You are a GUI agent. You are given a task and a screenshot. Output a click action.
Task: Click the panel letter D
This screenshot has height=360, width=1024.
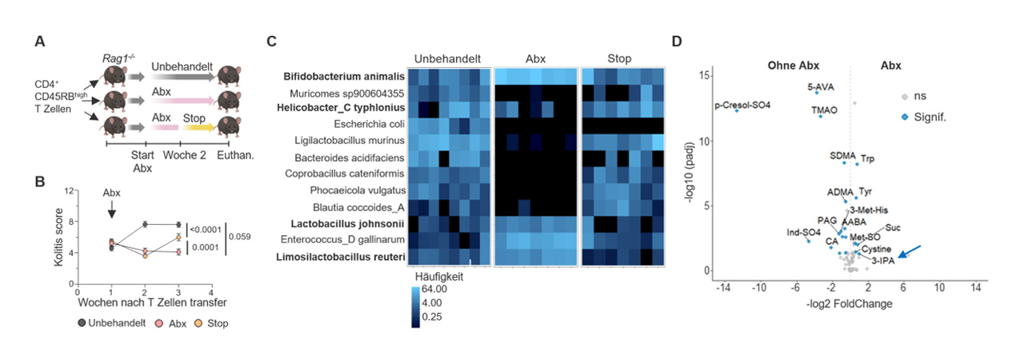point(677,42)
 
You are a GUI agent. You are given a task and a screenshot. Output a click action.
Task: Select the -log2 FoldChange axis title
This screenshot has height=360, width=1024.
point(848,304)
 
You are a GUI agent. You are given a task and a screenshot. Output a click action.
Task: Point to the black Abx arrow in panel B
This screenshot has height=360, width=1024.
point(111,207)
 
